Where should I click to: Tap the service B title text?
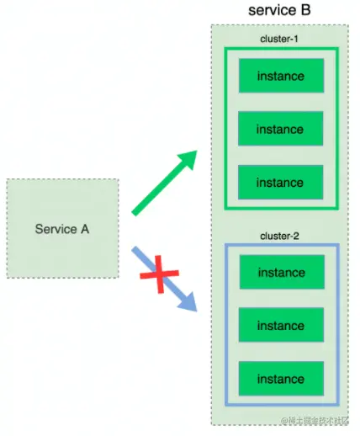click(279, 11)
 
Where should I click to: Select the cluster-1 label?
click(279, 39)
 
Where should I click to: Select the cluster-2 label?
click(279, 236)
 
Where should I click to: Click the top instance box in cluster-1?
click(280, 77)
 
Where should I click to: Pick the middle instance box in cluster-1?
click(280, 130)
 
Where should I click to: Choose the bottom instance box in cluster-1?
click(280, 183)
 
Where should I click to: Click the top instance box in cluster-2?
click(280, 273)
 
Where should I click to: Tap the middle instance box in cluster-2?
click(280, 326)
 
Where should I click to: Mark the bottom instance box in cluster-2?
click(280, 379)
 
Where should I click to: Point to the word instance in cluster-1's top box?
click(280, 77)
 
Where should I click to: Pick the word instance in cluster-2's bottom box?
click(280, 379)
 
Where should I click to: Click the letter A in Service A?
click(84, 228)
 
